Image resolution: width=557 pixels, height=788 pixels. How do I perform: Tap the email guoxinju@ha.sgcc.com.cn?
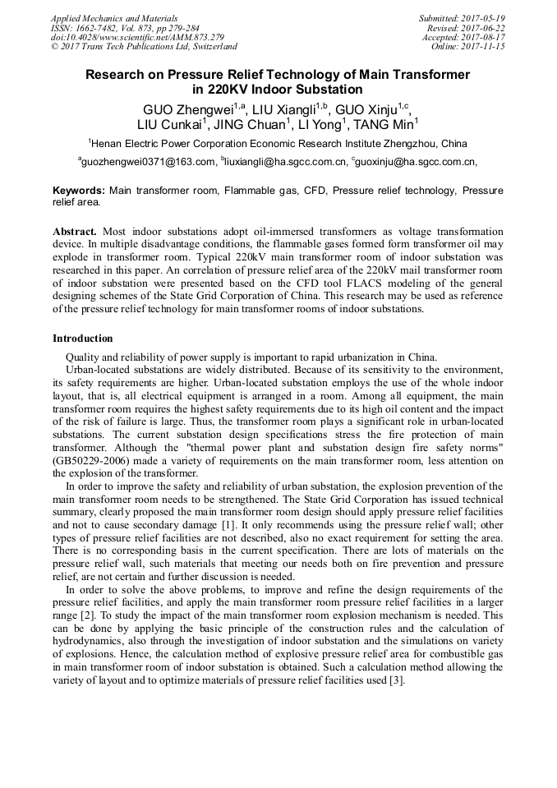(x=417, y=162)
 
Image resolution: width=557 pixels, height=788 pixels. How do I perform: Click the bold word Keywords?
(x=79, y=191)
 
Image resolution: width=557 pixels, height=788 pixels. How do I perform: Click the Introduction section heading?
(x=82, y=339)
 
